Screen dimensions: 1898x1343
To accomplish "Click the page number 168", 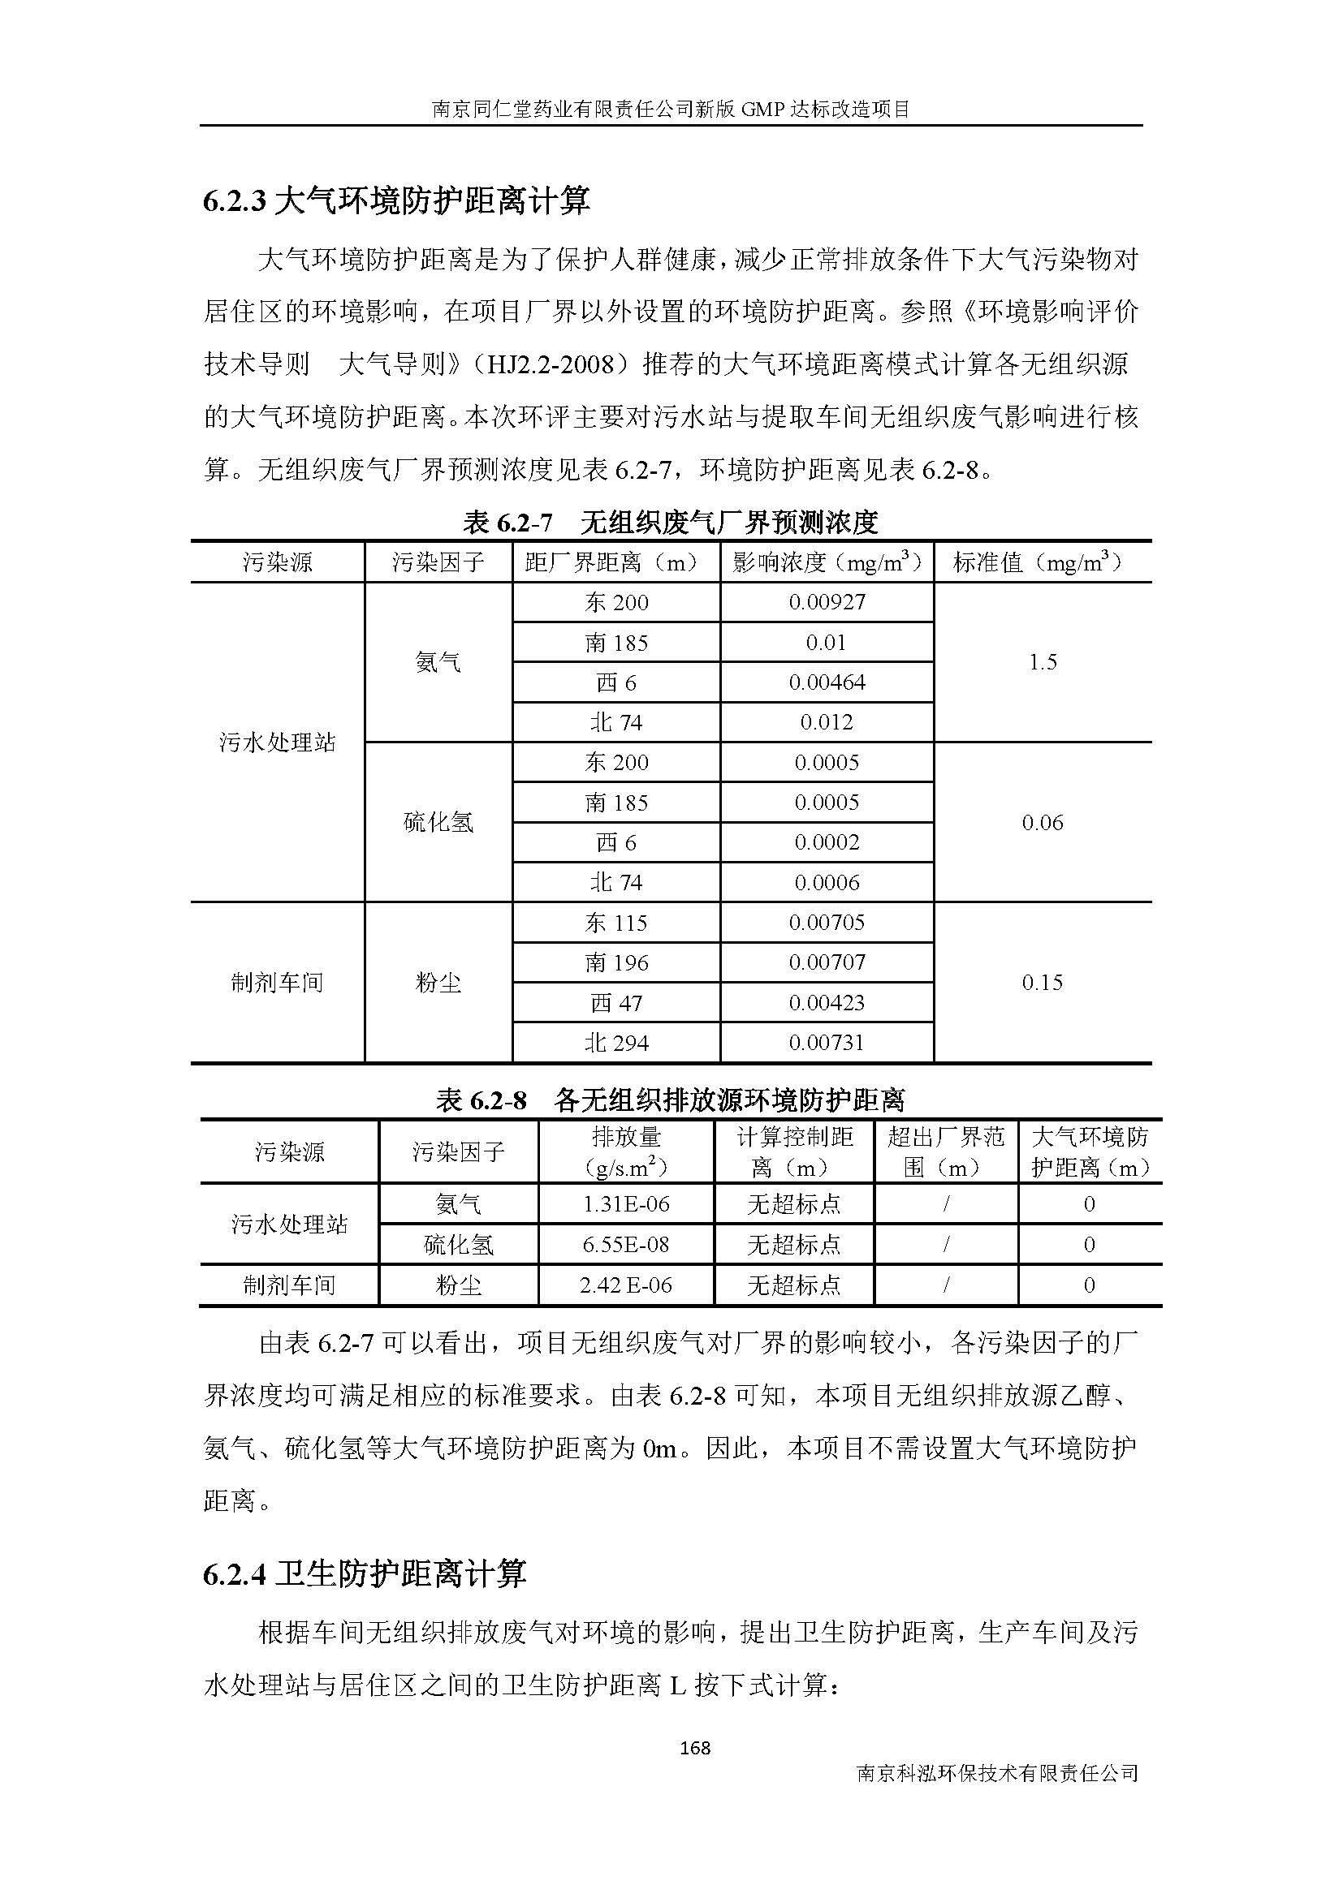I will [693, 1748].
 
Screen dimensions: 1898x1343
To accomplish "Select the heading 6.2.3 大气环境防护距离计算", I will [396, 202].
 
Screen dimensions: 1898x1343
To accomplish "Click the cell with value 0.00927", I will [826, 602].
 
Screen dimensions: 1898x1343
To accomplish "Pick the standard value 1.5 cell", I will [1042, 662].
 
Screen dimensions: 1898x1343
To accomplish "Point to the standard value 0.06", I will [1042, 823].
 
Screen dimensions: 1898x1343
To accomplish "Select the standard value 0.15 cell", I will [1042, 983].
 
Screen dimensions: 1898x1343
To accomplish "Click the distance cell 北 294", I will [616, 1044].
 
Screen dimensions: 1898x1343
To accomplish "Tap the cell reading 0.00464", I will [826, 682].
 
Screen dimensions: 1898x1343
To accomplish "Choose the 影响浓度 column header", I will [826, 563].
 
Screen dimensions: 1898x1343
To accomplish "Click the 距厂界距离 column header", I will [616, 563].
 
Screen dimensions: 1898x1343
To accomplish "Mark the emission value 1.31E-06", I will [626, 1204].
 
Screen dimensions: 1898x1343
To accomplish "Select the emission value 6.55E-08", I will [626, 1245].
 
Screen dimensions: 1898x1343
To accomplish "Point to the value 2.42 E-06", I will [626, 1285].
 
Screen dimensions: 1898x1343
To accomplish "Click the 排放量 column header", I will [626, 1151].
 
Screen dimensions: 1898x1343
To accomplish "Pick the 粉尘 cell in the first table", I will [438, 983].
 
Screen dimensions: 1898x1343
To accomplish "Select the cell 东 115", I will [616, 923].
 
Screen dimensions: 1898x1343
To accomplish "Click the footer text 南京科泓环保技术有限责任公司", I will [998, 1773].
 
